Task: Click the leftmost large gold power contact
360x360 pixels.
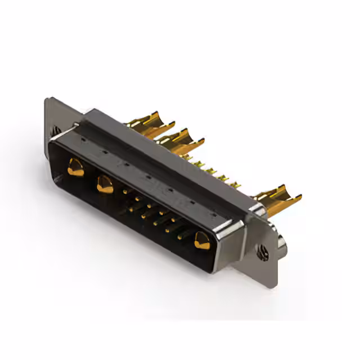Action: (x=75, y=167)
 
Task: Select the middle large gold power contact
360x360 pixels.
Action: (x=105, y=183)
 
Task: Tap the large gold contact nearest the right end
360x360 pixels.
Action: (x=200, y=241)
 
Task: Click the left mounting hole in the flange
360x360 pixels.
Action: (x=57, y=130)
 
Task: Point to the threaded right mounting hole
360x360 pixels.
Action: (x=262, y=252)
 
